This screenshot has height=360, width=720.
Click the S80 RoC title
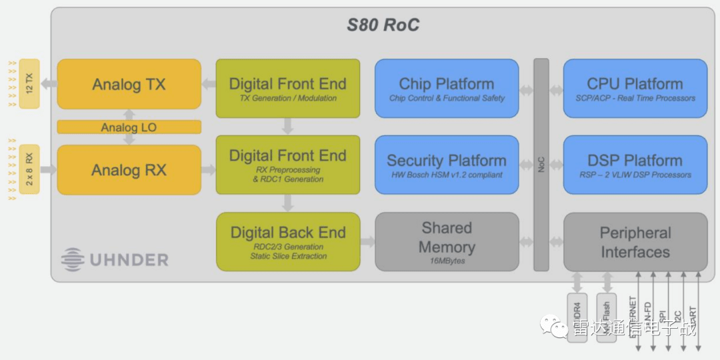point(383,26)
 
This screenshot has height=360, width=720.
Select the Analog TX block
point(129,84)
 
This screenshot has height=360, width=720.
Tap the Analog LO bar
point(129,127)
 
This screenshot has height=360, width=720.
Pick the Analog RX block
point(129,170)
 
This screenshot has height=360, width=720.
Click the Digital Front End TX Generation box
point(287,89)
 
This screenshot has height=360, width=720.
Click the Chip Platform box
point(446,89)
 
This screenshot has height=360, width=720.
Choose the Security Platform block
point(446,165)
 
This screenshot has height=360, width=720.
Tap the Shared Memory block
point(446,241)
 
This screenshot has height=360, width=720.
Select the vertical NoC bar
point(541,165)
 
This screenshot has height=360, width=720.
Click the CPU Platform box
point(635,89)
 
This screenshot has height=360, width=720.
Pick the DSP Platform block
point(635,165)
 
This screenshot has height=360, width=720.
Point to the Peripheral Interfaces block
point(635,242)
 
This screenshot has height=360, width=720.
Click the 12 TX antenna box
point(29,83)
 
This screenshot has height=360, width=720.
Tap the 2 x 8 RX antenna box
point(29,169)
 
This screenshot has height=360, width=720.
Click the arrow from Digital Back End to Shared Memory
point(367,241)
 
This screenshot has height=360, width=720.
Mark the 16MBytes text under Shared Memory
point(446,261)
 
